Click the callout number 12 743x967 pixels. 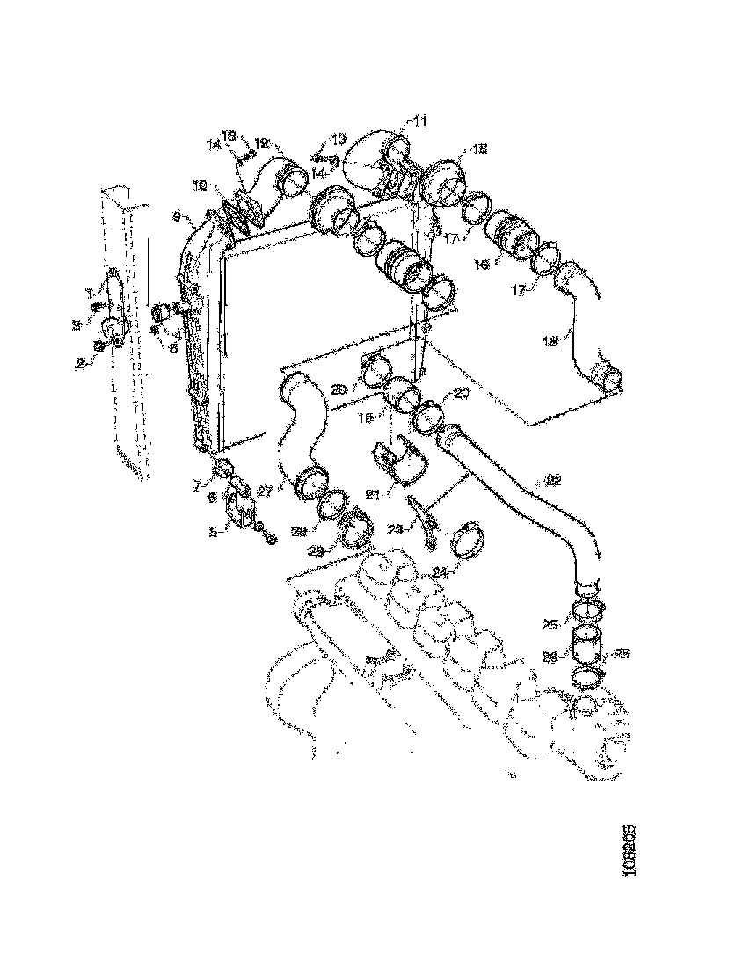(262, 141)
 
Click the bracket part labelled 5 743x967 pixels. (238, 512)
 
